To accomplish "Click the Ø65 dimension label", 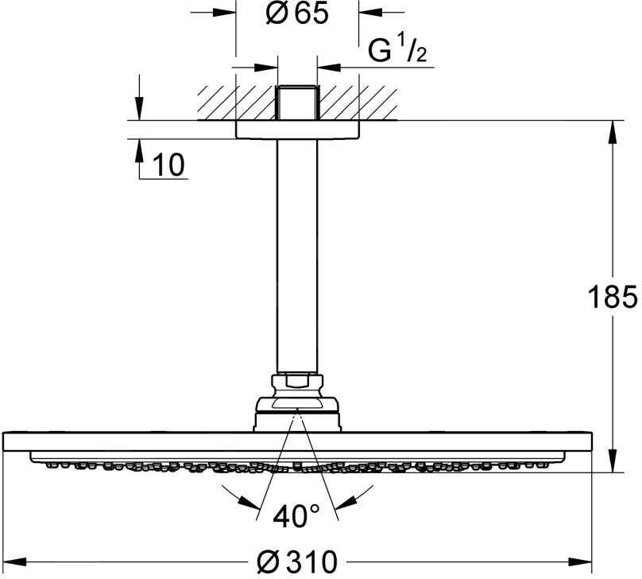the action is tap(297, 14).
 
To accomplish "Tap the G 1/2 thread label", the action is tap(397, 51).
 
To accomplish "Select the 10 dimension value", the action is tap(168, 165).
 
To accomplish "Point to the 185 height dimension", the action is tap(613, 297).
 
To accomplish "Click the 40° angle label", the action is tap(296, 516).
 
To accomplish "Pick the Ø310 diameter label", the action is tap(297, 562).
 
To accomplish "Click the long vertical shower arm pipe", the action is tap(297, 257).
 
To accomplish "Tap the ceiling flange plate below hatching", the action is tap(297, 130).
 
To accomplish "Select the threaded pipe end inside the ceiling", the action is tap(297, 103).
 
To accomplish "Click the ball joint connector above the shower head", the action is tap(297, 402).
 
